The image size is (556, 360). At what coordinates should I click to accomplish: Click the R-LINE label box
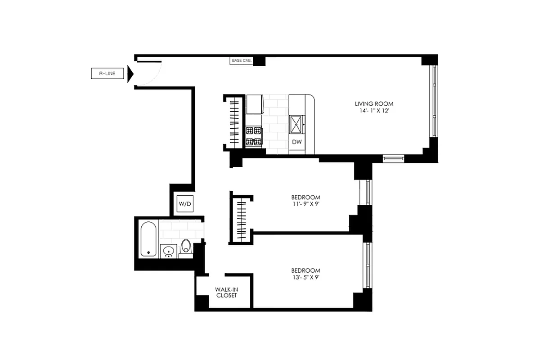click(107, 73)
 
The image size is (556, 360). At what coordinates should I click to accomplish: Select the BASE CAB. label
click(241, 60)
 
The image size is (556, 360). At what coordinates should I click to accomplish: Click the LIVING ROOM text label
click(374, 103)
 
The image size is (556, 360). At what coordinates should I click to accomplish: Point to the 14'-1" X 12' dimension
click(374, 110)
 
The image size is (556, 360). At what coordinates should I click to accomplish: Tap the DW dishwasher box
click(296, 142)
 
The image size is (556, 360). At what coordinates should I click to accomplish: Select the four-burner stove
click(254, 136)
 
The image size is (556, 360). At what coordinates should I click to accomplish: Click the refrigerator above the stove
click(255, 104)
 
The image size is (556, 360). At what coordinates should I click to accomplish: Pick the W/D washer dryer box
click(185, 204)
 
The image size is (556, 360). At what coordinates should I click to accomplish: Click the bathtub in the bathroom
click(148, 239)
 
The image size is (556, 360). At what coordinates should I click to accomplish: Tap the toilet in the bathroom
click(186, 248)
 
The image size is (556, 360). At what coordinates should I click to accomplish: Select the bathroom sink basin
click(169, 251)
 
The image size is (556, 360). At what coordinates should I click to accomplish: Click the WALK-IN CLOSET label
click(226, 292)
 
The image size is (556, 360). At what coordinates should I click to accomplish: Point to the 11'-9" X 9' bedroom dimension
click(305, 204)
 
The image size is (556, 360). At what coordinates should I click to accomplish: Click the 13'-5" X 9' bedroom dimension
click(305, 277)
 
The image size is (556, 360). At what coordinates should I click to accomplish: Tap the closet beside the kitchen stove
click(234, 121)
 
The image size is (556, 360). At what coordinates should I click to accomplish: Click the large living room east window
click(434, 101)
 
